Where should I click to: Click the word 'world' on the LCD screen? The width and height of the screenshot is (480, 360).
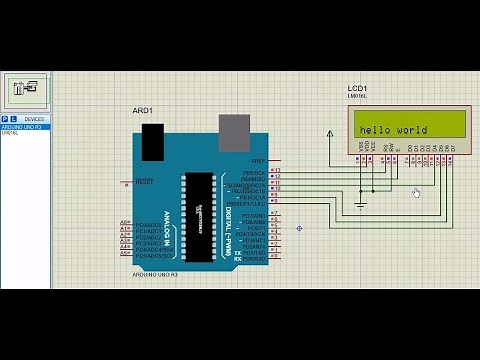tap(412, 130)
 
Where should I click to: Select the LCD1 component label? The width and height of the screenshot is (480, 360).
tap(358, 89)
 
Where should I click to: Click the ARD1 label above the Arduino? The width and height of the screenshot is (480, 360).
tap(142, 110)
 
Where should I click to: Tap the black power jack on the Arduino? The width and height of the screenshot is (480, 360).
tap(153, 142)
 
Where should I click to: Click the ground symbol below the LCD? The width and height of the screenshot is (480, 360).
tap(361, 205)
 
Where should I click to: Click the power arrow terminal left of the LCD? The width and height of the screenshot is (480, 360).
tap(330, 133)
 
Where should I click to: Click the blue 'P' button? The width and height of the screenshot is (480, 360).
tap(4, 118)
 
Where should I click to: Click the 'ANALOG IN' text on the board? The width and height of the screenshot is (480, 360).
tap(167, 229)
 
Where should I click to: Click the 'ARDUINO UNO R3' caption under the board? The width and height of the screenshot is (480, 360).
tap(154, 273)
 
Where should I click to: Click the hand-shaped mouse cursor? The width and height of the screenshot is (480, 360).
tap(416, 192)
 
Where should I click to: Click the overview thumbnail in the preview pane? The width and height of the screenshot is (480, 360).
tap(26, 89)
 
